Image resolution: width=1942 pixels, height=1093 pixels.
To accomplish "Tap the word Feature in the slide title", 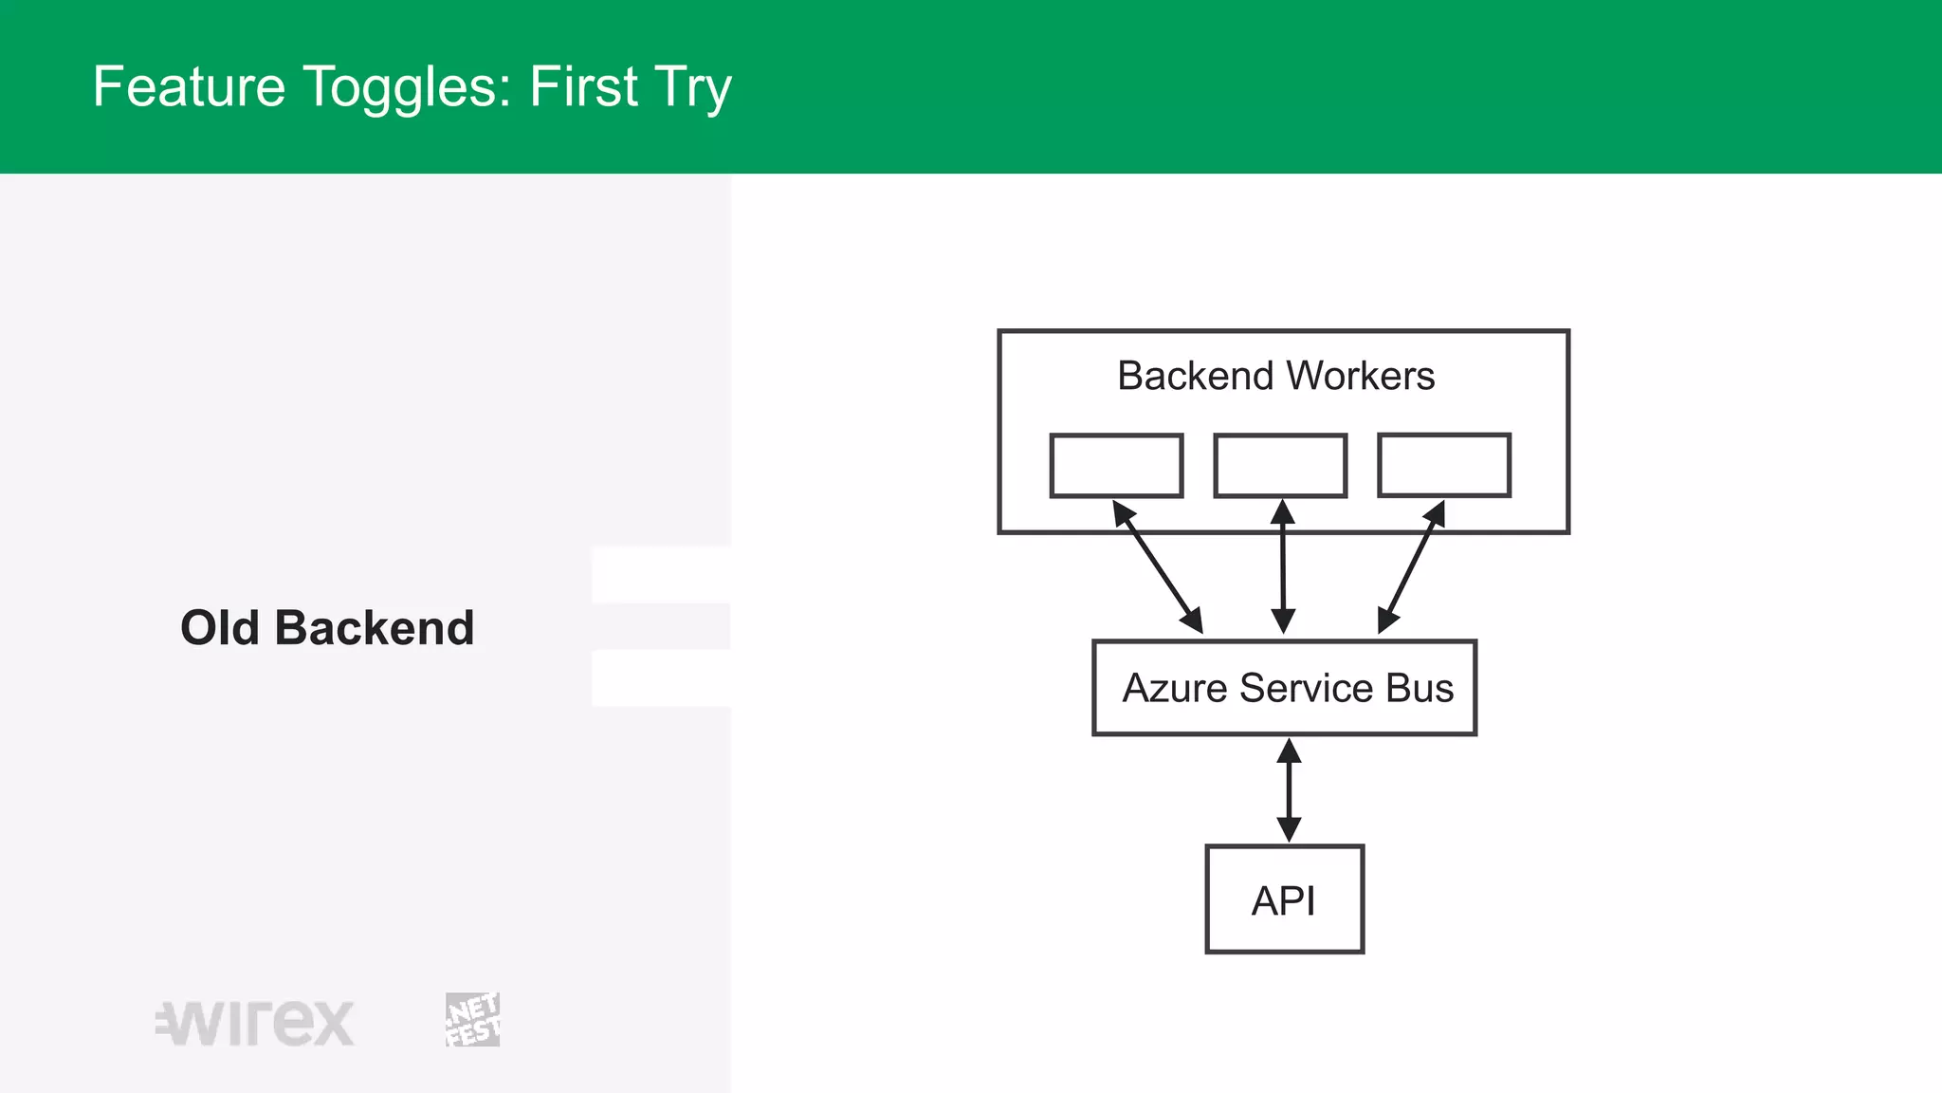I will (189, 86).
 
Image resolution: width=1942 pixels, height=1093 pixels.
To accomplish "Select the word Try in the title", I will (693, 88).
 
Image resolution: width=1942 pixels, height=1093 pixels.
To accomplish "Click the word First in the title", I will (583, 86).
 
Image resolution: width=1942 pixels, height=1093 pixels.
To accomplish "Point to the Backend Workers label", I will (1275, 376).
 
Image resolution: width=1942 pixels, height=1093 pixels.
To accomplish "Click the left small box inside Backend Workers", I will (1116, 466).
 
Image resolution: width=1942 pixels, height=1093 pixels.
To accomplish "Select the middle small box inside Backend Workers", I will (1280, 466).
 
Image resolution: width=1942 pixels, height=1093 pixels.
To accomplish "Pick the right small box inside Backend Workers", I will (1443, 465).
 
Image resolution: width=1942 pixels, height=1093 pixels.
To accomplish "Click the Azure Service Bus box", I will (1284, 688).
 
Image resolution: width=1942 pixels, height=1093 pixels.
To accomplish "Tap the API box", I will (1284, 899).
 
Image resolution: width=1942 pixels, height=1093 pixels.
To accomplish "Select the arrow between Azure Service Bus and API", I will (1288, 790).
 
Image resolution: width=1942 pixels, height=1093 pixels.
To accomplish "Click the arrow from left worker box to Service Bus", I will (1158, 567).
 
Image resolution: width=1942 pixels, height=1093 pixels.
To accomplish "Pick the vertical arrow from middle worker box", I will (1283, 567).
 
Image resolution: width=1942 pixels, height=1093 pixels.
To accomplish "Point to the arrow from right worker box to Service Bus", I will (1411, 567).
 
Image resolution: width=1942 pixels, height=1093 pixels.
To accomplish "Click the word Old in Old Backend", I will (219, 628).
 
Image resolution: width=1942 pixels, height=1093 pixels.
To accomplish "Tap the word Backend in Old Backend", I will (375, 628).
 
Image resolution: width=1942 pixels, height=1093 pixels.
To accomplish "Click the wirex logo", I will (255, 1023).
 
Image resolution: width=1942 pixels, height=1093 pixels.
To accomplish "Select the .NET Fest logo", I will (472, 1020).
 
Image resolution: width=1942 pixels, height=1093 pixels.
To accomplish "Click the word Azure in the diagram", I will (1175, 688).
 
